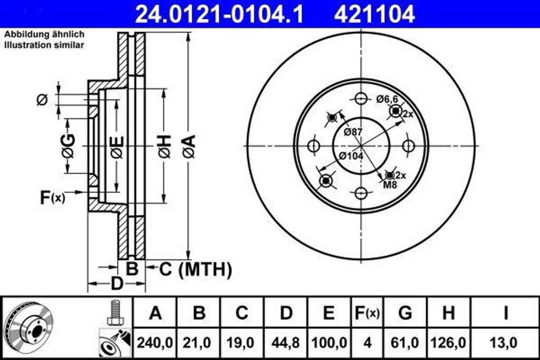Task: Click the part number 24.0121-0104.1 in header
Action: point(219,14)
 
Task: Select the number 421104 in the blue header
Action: point(374,14)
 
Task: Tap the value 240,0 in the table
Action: point(155,343)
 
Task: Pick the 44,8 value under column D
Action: point(285,343)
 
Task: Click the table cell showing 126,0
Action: point(448,343)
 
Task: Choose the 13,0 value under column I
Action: point(505,343)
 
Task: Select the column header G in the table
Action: point(405,313)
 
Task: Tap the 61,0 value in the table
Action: point(405,343)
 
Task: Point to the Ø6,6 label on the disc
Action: point(387,99)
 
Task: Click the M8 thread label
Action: point(390,184)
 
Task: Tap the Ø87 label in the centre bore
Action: point(353,132)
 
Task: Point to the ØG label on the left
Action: point(68,146)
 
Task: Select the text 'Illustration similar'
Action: point(44,45)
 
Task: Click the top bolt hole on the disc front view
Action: point(361,99)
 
